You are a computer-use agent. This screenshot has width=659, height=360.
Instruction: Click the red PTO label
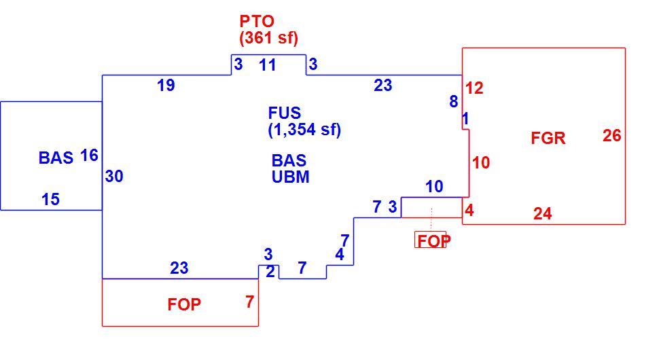[257, 21]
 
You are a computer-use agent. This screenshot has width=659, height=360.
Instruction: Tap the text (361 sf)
[268, 38]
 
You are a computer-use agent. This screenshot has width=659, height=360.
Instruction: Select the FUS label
[285, 113]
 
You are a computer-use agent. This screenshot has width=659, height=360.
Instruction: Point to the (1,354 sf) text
[304, 129]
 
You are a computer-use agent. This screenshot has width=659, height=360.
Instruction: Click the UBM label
[290, 177]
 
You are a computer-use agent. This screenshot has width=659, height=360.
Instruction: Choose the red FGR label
[548, 138]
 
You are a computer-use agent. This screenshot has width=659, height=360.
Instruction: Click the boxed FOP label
[433, 240]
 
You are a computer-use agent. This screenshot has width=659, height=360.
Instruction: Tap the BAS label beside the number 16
[56, 158]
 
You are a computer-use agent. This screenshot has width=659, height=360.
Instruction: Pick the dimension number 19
[166, 86]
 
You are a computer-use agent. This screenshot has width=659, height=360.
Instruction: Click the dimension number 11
[267, 65]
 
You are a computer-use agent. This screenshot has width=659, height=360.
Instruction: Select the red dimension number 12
[474, 88]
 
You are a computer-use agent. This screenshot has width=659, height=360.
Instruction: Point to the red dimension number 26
[612, 135]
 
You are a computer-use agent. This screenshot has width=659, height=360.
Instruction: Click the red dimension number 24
[543, 214]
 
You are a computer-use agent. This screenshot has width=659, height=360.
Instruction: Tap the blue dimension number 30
[114, 176]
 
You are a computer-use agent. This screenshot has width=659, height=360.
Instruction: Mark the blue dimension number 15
[50, 199]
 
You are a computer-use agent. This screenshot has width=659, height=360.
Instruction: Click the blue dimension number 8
[453, 101]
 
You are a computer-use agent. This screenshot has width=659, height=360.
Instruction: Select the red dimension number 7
[249, 302]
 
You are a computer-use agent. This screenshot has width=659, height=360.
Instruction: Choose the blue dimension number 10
[434, 186]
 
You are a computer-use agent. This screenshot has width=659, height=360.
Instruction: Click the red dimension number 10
[481, 162]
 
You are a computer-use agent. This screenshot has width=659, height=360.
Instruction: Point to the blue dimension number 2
[270, 272]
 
